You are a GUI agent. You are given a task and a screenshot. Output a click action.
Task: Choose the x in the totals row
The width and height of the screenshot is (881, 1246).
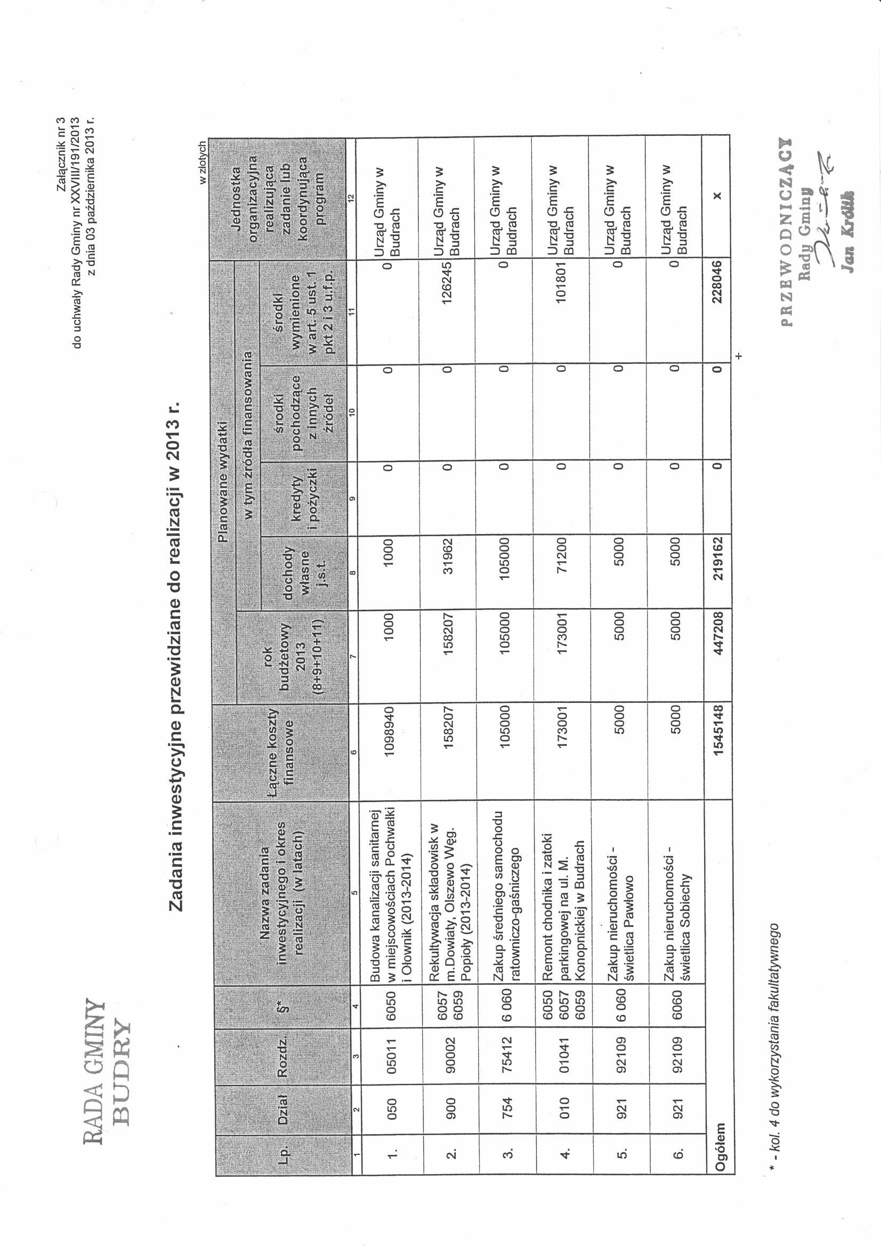click(x=717, y=196)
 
